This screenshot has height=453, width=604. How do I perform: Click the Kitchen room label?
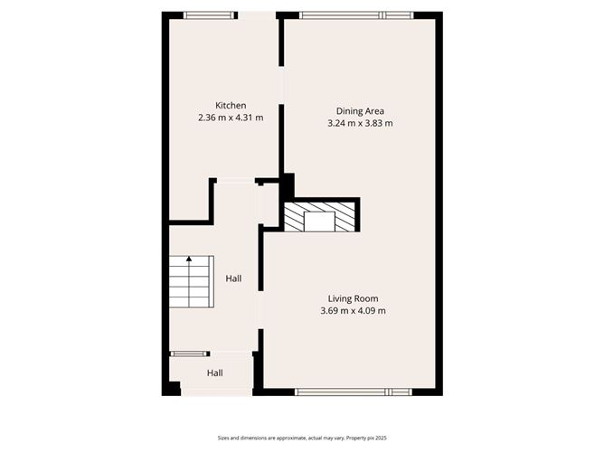point(231,105)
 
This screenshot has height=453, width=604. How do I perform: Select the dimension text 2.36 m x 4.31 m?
point(231,118)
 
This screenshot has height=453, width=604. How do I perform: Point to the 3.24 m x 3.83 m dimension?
point(360,124)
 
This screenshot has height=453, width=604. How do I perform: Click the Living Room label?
point(353,298)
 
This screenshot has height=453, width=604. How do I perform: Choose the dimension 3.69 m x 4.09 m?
point(353,311)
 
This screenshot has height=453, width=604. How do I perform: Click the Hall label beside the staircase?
point(233,278)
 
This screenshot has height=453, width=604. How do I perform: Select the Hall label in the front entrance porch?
point(214,373)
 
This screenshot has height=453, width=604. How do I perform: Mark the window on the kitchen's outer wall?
point(209,14)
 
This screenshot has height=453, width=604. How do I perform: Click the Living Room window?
point(354,392)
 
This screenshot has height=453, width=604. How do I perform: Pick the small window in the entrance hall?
point(190,353)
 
